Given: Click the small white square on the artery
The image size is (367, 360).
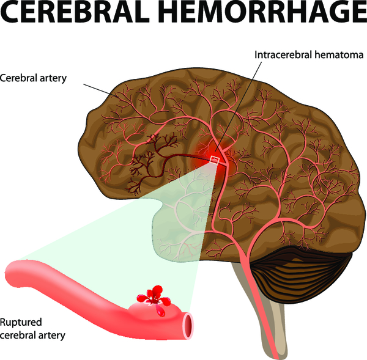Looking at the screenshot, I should pyautogui.click(x=214, y=160).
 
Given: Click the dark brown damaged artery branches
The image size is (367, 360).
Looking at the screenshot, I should pyautogui.click(x=150, y=155).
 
